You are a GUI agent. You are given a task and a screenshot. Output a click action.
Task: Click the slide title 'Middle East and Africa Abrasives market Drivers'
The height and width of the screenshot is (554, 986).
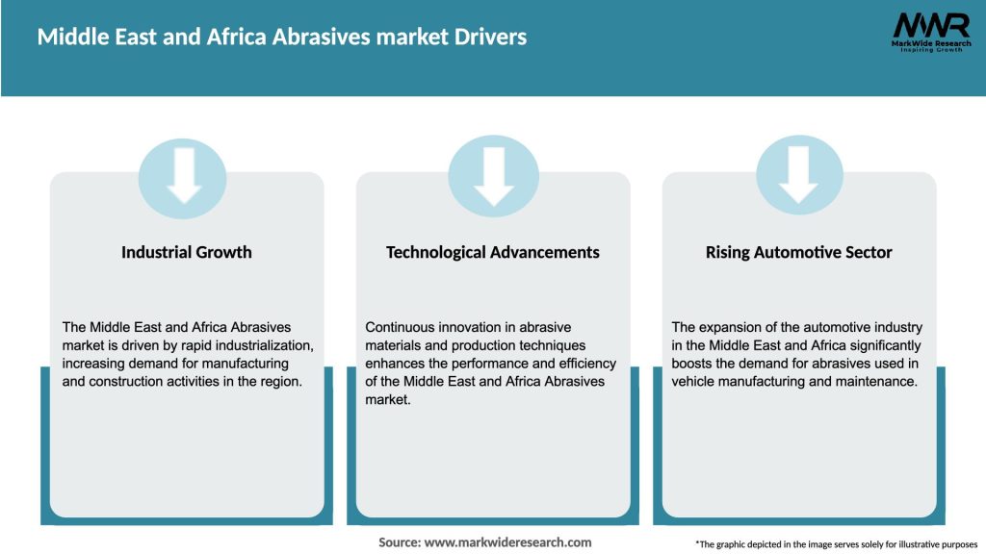(x=282, y=38)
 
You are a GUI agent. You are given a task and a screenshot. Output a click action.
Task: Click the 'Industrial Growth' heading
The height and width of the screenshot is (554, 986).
(x=187, y=252)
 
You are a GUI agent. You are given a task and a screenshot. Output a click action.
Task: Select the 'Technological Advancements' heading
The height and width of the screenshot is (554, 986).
(x=492, y=252)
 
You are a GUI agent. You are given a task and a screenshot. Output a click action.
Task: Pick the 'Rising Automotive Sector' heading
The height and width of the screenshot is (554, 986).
(x=798, y=252)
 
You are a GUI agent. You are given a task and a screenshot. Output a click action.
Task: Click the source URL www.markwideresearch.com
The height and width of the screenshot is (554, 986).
(x=507, y=542)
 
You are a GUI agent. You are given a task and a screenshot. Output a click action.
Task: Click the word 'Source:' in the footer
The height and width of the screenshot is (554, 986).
(x=400, y=542)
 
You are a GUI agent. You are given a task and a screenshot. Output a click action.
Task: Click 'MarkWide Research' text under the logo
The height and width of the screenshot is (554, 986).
(x=930, y=43)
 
